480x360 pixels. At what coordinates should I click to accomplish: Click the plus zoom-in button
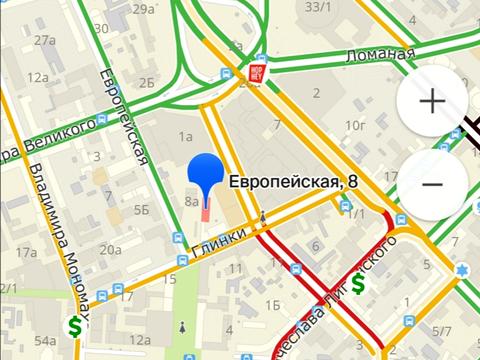432,102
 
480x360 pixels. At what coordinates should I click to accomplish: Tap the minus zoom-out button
432,185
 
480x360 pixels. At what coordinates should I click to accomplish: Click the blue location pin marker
208,176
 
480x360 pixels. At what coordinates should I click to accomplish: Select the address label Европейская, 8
292,182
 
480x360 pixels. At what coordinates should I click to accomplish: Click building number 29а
144,9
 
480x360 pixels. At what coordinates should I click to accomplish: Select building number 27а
43,41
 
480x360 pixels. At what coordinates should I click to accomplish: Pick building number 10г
355,125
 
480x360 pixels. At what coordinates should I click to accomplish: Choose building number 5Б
142,210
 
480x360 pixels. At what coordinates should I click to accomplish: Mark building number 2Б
147,82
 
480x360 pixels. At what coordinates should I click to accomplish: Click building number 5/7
441,330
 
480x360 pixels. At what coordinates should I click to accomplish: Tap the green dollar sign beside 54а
75,326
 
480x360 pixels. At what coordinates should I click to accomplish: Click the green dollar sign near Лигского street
357,283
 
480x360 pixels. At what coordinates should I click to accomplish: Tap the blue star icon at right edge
462,271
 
